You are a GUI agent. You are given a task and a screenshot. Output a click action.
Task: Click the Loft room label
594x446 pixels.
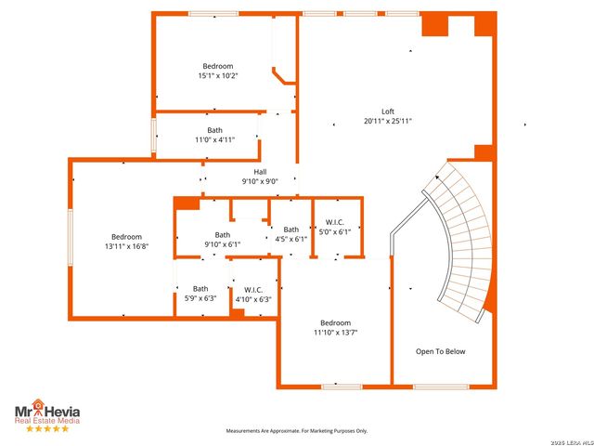click(x=388, y=111)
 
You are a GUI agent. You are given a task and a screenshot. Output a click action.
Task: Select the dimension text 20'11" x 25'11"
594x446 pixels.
click(x=388, y=121)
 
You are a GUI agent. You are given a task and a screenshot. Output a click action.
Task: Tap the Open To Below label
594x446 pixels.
click(x=441, y=351)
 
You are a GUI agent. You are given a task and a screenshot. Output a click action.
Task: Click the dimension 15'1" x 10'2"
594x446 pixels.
click(x=218, y=75)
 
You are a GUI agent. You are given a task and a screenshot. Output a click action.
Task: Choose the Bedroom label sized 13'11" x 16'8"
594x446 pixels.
click(x=127, y=236)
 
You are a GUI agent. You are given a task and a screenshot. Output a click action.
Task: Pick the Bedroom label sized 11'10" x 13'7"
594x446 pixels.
click(x=335, y=322)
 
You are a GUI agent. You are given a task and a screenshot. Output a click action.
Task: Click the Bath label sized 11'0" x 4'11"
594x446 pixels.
click(x=214, y=130)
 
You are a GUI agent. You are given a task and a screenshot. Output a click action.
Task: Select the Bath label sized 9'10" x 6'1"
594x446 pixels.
click(x=223, y=234)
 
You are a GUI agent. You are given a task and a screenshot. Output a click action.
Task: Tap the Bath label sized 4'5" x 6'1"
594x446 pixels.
click(x=291, y=230)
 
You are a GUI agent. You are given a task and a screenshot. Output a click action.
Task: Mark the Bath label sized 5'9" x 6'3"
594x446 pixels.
click(x=200, y=288)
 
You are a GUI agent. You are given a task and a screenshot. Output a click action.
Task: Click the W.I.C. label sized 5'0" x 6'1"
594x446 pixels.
click(x=335, y=222)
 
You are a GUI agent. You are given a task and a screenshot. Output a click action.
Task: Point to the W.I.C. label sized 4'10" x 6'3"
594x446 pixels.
click(x=252, y=289)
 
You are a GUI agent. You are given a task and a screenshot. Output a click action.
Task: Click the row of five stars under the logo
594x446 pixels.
click(x=46, y=428)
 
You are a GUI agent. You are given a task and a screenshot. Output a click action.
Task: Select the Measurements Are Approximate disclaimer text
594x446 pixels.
click(x=297, y=430)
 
